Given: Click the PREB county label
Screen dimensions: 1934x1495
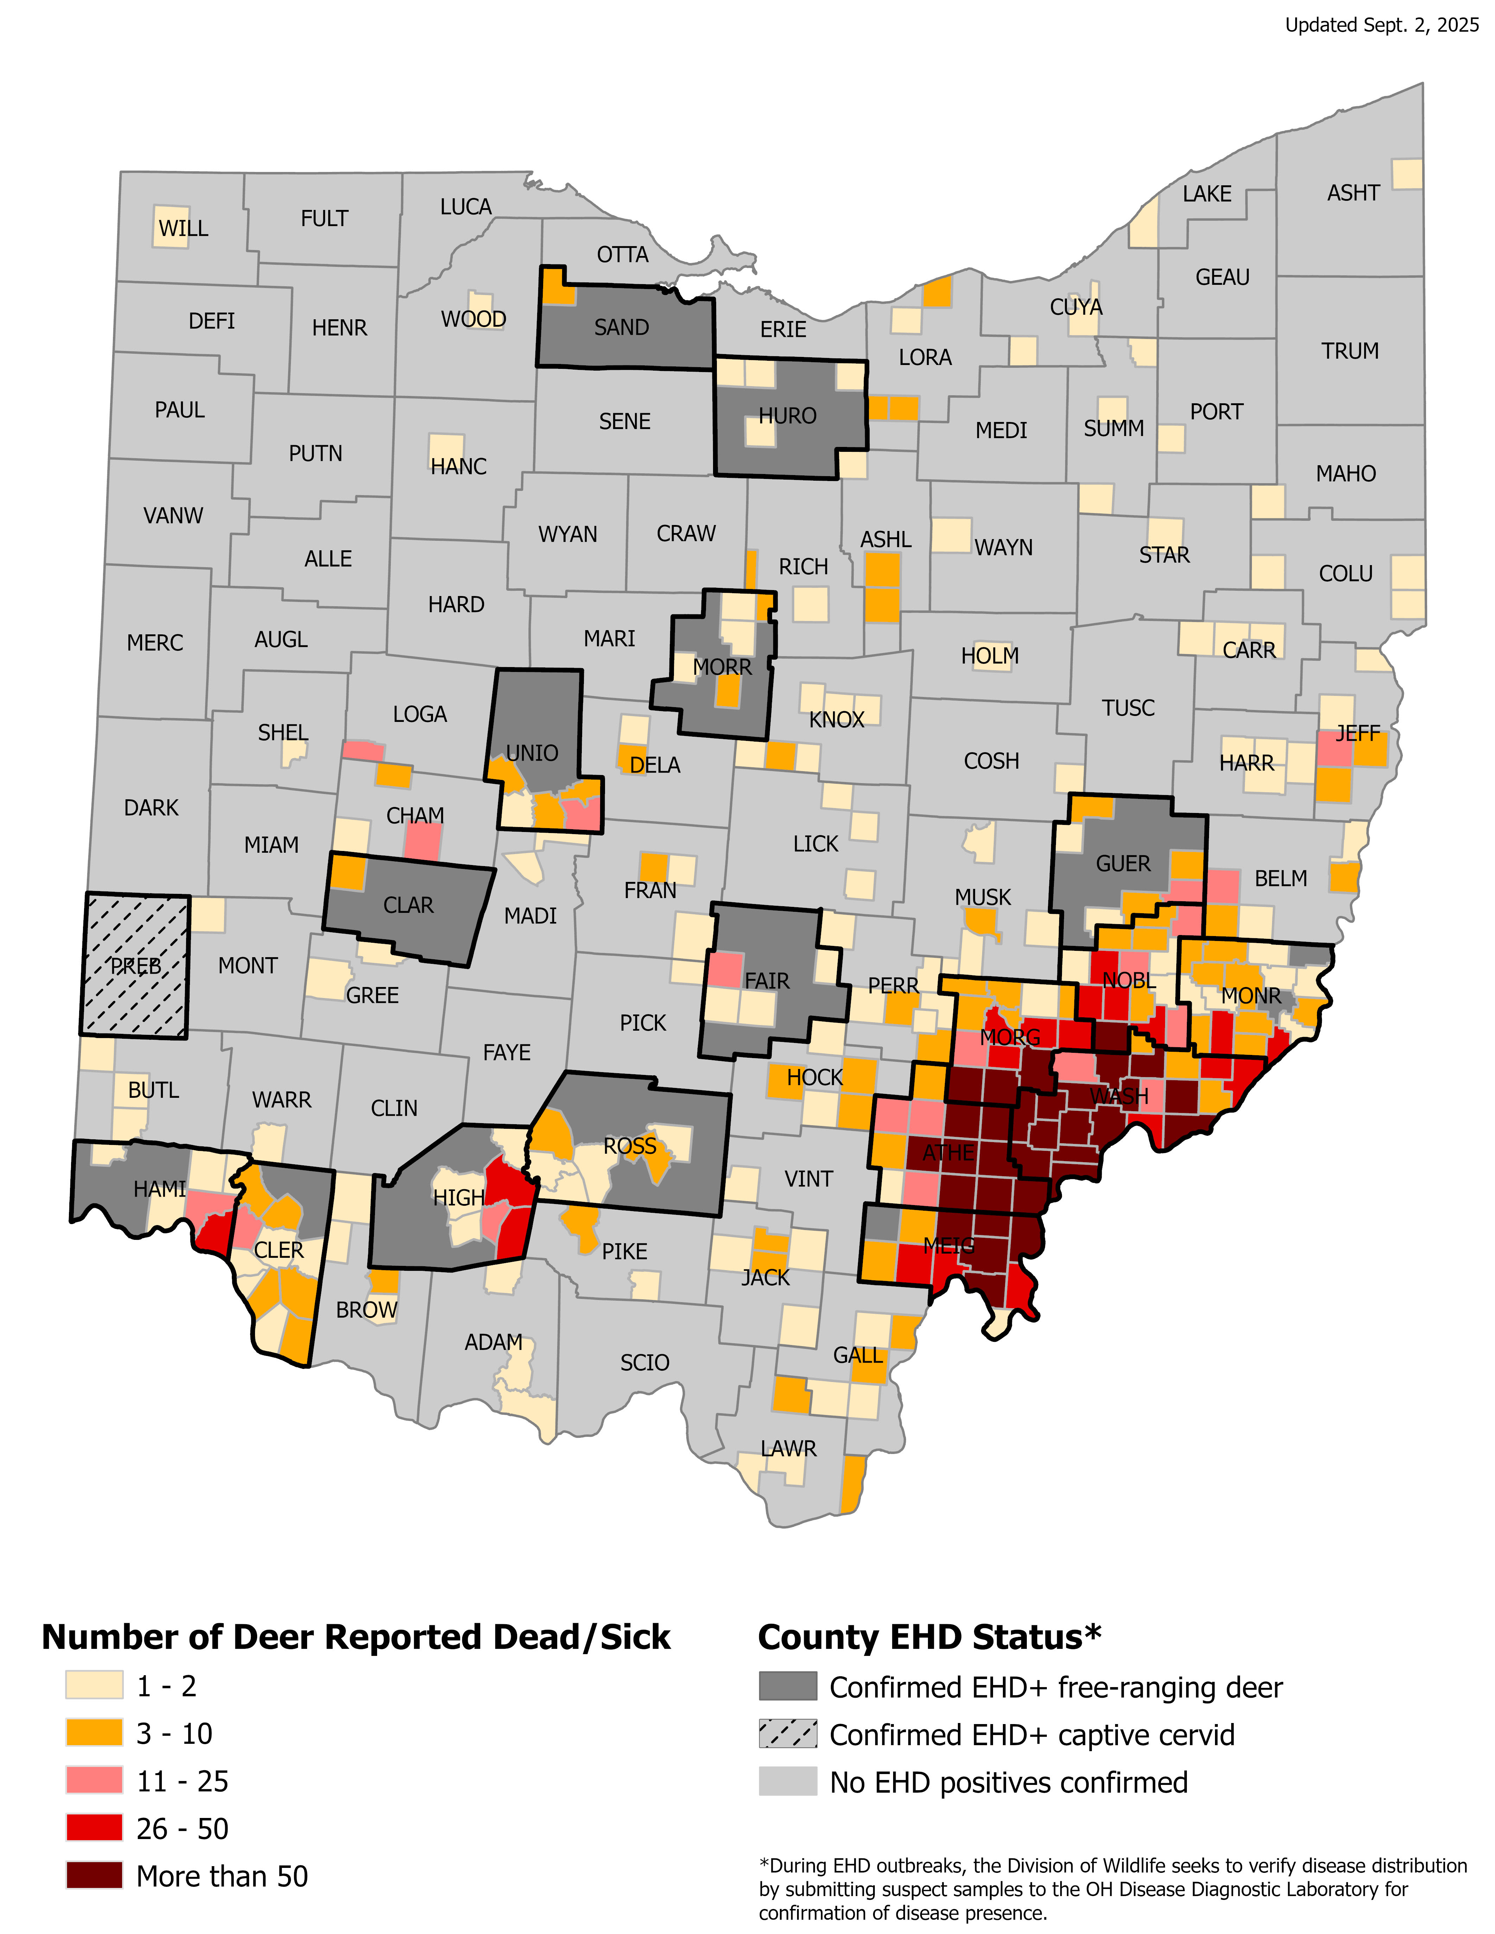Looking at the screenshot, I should click(x=135, y=966).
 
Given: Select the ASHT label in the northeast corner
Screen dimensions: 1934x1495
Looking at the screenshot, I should click(x=1353, y=193).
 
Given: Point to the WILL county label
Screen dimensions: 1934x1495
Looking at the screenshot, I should click(x=183, y=229).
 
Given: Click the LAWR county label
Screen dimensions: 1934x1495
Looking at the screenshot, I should click(x=788, y=1449).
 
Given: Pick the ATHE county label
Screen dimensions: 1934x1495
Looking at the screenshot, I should click(x=948, y=1153).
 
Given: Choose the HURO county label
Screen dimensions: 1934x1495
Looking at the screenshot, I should click(x=787, y=416).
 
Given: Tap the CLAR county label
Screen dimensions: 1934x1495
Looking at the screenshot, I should click(x=408, y=905).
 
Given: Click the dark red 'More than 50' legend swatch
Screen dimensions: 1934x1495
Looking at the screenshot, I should click(x=94, y=1876).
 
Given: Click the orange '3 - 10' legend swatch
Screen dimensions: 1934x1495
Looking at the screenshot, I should click(x=94, y=1733).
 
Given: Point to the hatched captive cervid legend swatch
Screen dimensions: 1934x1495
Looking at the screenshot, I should click(x=787, y=1734).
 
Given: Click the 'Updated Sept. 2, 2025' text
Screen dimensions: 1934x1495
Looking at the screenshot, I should click(x=1382, y=25).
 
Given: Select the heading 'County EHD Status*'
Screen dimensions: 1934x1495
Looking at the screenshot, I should click(x=929, y=1637).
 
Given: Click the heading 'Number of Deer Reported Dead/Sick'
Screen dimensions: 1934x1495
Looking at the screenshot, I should click(x=356, y=1637).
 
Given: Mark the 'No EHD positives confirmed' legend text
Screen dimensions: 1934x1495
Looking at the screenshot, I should click(x=1008, y=1782).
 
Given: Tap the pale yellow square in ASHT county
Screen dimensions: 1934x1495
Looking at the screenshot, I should click(x=1406, y=174).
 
